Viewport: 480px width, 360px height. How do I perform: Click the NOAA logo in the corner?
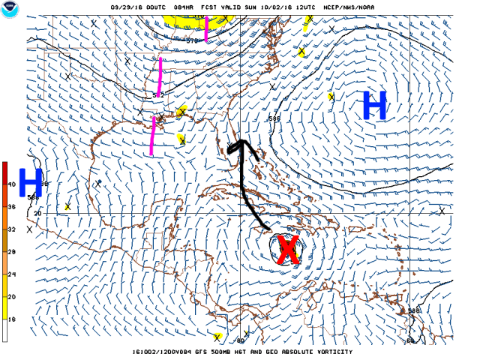(x=10, y=10)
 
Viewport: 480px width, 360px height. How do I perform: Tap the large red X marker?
(x=288, y=250)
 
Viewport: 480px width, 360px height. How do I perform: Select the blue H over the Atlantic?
(x=374, y=105)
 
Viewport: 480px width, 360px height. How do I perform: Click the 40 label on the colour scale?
(x=12, y=184)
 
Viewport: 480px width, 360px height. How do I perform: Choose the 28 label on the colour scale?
(x=12, y=251)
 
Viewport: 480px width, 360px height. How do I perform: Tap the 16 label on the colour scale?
(x=12, y=319)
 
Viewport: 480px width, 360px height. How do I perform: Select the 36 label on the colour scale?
(x=12, y=206)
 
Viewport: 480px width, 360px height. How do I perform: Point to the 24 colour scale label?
(x=12, y=274)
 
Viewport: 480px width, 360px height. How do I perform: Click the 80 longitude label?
(x=241, y=340)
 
